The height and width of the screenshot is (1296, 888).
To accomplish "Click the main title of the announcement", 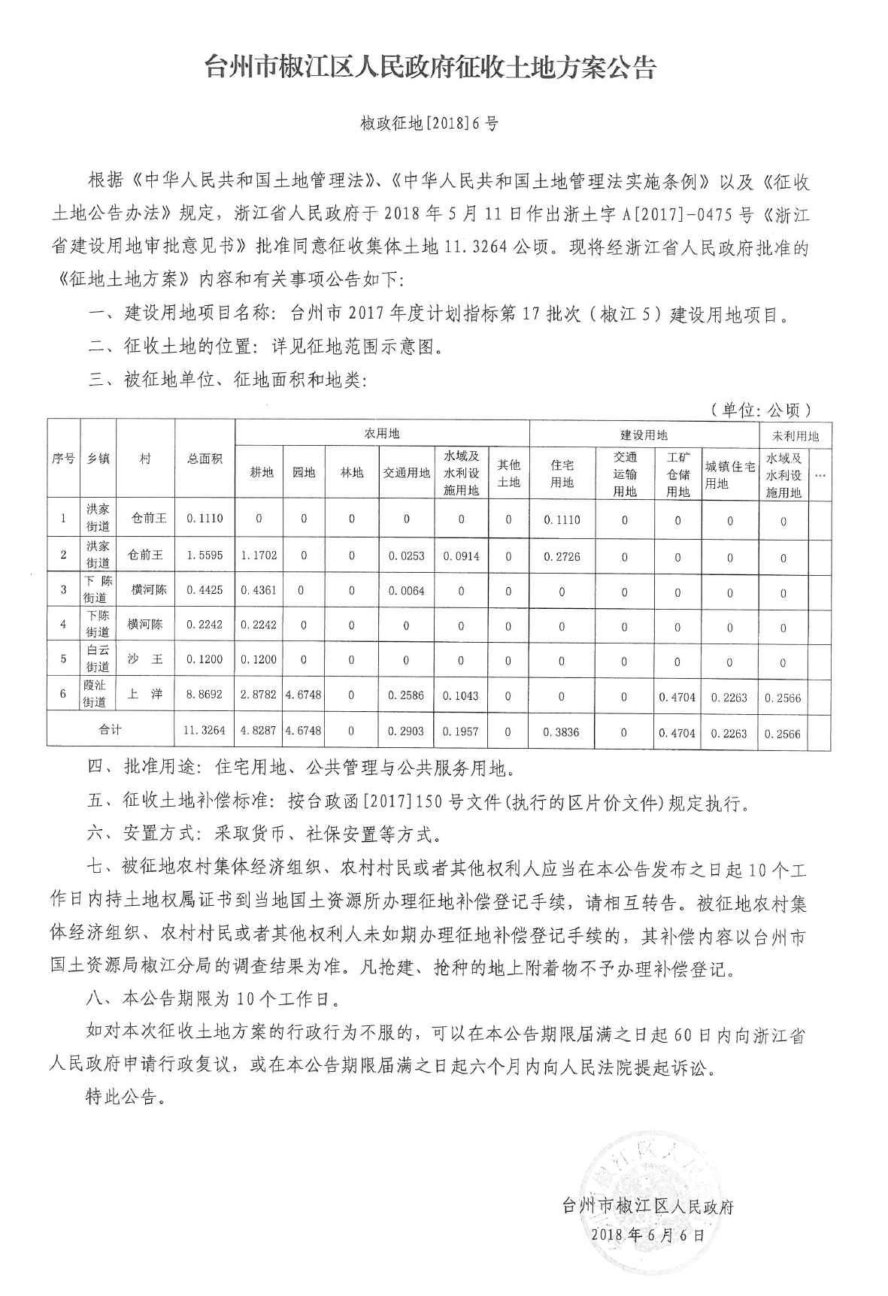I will [432, 68].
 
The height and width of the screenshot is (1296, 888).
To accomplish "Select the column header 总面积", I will [205, 458].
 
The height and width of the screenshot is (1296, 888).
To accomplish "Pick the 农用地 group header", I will [382, 434].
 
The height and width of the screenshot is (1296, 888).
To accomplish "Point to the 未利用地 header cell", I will [796, 435].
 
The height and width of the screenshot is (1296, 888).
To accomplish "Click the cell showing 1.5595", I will [205, 555].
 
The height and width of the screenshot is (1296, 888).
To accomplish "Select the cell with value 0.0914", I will [461, 556].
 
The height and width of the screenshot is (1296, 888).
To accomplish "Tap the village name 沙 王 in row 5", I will [145, 659].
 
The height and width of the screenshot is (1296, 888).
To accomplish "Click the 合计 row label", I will [111, 729].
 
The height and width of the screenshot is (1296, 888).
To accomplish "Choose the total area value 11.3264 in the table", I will [205, 730].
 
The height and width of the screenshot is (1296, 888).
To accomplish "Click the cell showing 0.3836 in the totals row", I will [562, 731].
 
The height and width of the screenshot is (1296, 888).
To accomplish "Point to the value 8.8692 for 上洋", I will [205, 695].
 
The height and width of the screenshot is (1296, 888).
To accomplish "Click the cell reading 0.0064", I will [407, 591].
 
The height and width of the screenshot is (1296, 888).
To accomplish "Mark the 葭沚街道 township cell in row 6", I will [98, 695].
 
